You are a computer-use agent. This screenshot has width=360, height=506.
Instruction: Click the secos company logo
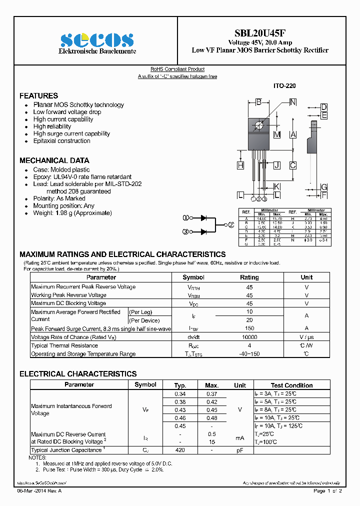(97, 40)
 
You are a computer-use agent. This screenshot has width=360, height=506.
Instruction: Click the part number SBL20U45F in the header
(260, 33)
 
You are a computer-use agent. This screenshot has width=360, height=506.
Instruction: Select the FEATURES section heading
(38, 95)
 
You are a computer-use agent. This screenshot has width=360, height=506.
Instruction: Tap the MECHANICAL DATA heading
(54, 160)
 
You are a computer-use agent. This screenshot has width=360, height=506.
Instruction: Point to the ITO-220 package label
(284, 86)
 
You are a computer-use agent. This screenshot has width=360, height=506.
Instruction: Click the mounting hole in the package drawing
(258, 125)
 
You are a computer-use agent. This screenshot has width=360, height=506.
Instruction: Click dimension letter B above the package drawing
(258, 102)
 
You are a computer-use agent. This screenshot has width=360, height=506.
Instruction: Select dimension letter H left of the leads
(240, 165)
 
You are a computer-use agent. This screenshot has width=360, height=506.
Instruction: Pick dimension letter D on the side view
(324, 107)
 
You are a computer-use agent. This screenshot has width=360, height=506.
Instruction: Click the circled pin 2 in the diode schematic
(231, 225)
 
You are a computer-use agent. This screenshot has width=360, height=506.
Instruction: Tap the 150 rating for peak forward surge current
(249, 328)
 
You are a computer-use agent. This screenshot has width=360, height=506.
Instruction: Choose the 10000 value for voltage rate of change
(249, 337)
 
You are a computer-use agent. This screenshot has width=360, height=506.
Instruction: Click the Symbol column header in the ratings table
(193, 277)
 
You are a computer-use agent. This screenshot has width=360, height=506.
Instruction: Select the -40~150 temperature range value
(249, 354)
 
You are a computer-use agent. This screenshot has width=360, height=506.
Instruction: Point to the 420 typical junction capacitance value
(180, 450)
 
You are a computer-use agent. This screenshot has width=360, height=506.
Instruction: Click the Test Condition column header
(291, 385)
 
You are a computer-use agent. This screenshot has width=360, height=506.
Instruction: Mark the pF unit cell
(240, 450)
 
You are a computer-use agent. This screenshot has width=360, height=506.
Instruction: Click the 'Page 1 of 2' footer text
(327, 491)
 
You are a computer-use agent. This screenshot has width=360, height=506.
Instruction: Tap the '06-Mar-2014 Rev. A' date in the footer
(40, 491)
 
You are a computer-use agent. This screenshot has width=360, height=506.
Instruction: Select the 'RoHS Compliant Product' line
(177, 69)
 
